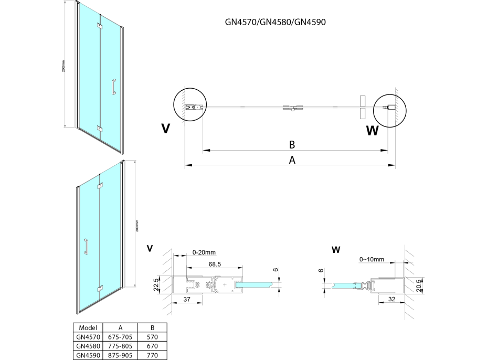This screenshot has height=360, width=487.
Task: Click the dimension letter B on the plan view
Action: pos(293,144)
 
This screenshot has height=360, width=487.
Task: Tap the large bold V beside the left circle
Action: pos(166,128)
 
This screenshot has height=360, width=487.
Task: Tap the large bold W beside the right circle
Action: pos(372,131)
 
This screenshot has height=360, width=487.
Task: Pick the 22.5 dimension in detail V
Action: pos(156,284)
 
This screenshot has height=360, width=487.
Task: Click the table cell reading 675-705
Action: pos(120,336)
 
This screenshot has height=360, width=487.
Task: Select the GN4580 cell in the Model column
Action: pos(88,345)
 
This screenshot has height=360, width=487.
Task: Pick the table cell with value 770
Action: pos(152,355)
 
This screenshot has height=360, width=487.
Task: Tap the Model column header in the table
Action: pos(88,326)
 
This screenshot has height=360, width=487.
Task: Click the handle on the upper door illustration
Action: pos(113,87)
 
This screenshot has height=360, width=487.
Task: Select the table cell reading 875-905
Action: pos(120,355)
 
